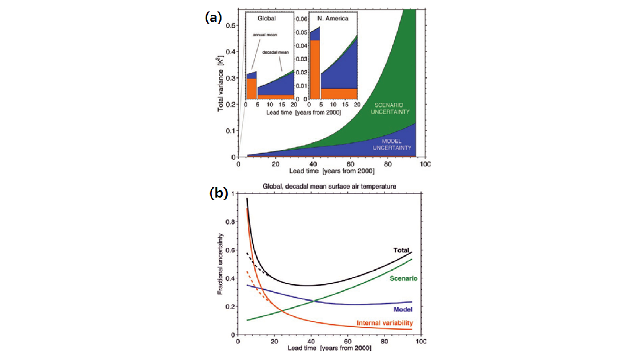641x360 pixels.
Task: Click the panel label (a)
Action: [213, 17]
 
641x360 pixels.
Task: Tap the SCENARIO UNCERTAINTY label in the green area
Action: [390, 109]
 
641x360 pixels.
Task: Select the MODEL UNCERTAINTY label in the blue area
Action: [392, 145]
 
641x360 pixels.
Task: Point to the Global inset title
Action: [267, 19]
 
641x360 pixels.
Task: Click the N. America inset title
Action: [333, 19]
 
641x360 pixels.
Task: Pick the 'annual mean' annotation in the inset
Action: [265, 35]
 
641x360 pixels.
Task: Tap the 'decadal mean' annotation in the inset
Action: [275, 52]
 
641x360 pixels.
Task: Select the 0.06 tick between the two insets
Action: [301, 19]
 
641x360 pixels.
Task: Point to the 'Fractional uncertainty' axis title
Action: [220, 264]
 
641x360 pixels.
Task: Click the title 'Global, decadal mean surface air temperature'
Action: [329, 186]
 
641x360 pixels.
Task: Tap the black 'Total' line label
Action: [401, 250]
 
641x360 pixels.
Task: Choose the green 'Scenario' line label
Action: [403, 278]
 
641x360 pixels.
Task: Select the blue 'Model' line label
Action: [403, 309]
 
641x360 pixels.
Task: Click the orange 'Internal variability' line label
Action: [385, 323]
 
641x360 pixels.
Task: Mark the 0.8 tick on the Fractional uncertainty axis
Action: [230, 222]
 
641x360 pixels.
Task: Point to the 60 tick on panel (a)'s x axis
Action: [350, 164]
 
